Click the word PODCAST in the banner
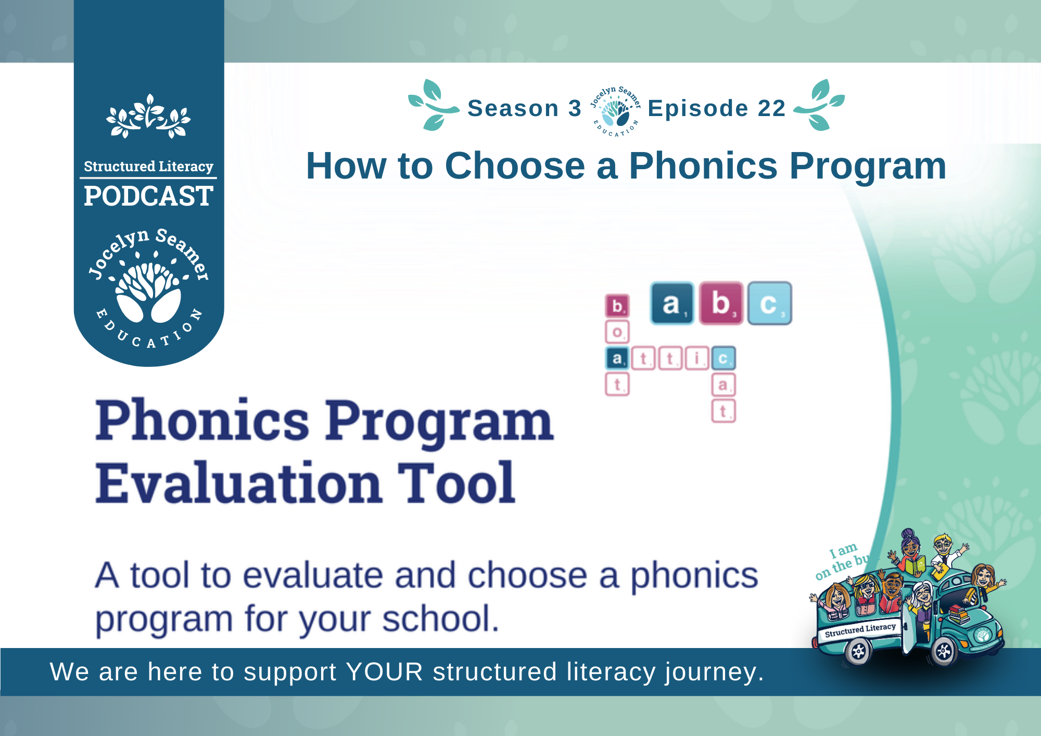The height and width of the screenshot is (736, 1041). coord(148,196)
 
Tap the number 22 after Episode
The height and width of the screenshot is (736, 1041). coord(771,108)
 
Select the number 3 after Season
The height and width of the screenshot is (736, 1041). coord(575,108)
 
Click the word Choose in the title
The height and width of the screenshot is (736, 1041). coord(515,166)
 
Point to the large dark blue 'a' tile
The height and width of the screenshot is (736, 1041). coord(672,303)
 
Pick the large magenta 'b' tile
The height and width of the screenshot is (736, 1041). coord(721,303)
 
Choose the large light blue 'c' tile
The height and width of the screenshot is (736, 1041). coord(770,303)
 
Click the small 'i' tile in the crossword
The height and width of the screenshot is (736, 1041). coord(697,358)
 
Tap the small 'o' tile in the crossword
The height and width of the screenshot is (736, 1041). coord(617,332)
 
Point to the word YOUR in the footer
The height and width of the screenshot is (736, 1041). coord(385,671)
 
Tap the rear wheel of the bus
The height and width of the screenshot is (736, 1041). coord(858,651)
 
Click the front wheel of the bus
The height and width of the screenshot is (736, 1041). coord(944,651)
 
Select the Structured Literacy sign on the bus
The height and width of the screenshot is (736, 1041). coord(860,630)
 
